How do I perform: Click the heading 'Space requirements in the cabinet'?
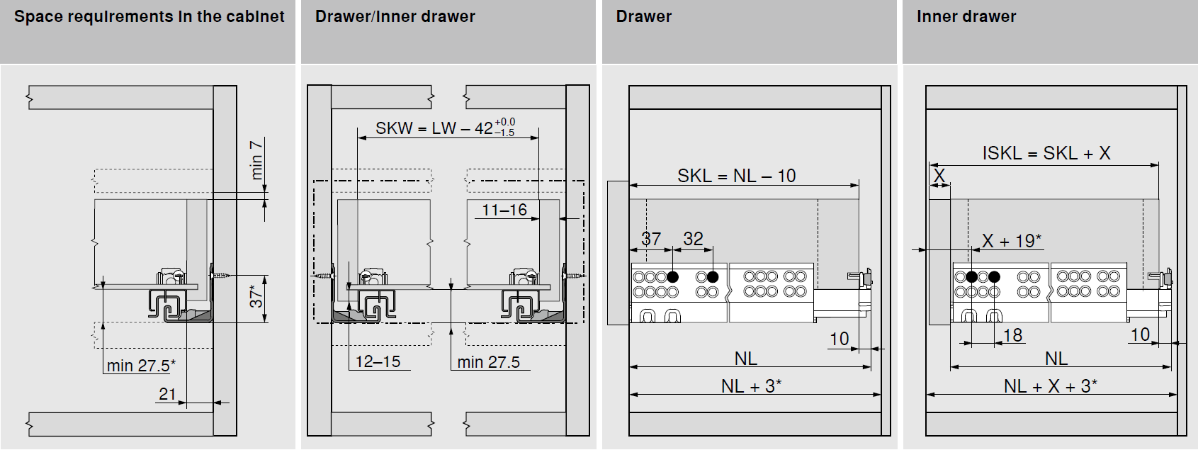[149, 17]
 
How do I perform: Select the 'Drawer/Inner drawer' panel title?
[395, 17]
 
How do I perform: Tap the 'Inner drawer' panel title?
[966, 17]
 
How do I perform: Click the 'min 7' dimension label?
[256, 159]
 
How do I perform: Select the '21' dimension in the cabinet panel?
[167, 394]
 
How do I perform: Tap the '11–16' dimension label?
[504, 210]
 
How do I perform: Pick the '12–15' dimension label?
[378, 361]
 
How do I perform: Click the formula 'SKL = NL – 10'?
[736, 176]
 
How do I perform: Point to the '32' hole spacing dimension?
[693, 239]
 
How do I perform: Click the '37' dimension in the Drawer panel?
[651, 239]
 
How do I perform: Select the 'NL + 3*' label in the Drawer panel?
[751, 386]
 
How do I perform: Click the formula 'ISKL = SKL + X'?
[1046, 153]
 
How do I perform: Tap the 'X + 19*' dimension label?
[1011, 241]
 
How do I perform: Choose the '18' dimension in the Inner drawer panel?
[1013, 335]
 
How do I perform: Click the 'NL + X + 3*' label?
[1050, 386]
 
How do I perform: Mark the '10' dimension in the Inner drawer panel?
[1140, 335]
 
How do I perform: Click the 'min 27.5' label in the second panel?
[488, 362]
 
